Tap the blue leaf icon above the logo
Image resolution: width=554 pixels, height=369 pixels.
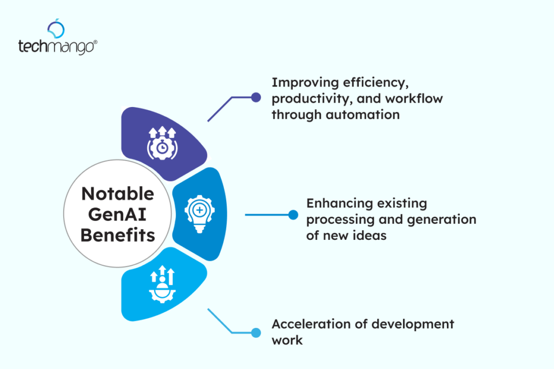[56, 28]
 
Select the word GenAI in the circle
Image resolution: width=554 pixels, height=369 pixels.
[117, 214]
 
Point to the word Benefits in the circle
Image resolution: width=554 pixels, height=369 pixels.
[117, 235]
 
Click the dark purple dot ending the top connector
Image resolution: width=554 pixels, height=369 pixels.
[256, 97]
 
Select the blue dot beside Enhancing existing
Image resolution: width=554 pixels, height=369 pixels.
[293, 215]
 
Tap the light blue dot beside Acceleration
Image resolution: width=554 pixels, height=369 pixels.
[256, 332]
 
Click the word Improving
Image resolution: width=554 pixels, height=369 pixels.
[297, 83]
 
